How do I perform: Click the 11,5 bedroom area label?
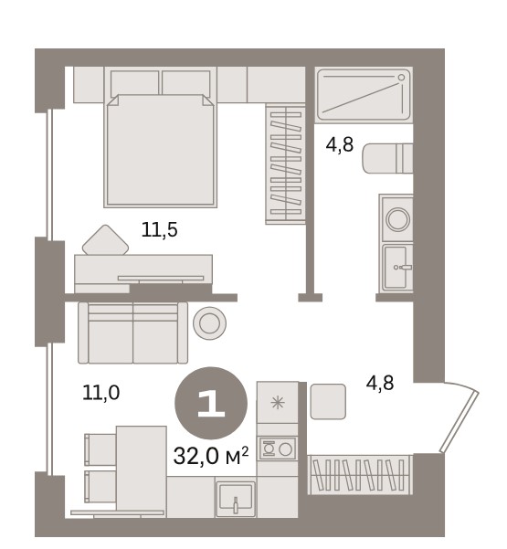[x=160, y=230]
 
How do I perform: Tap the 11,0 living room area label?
[x=101, y=392]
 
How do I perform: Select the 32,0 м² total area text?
[x=211, y=455]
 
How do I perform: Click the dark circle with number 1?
[x=211, y=403]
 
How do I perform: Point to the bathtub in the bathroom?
[x=364, y=94]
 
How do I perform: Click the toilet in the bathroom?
[x=387, y=158]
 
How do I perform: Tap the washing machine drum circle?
[x=397, y=219]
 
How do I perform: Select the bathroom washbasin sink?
[x=397, y=268]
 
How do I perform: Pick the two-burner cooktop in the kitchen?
[x=278, y=449]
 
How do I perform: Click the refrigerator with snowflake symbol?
[x=278, y=403]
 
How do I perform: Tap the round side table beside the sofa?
[x=209, y=323]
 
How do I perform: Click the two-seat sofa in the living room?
[x=132, y=333]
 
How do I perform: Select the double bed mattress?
[x=161, y=150]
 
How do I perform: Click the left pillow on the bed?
[x=135, y=83]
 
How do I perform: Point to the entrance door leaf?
[x=459, y=421]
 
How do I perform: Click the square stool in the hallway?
[x=328, y=401]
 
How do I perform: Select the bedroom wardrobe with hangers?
[x=285, y=164]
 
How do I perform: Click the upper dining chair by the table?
[x=100, y=449]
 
